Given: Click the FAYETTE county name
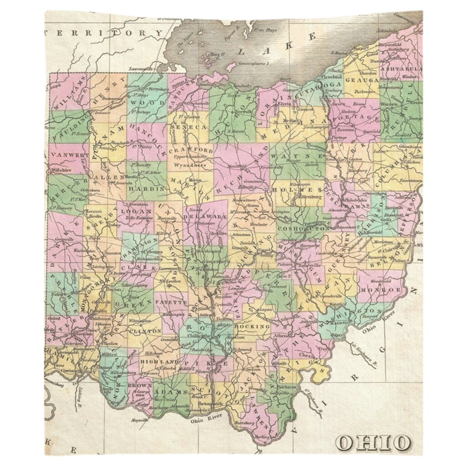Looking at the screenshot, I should click(x=171, y=302).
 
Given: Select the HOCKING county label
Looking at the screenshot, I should click(x=254, y=326).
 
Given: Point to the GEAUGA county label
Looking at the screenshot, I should click(x=362, y=80).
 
